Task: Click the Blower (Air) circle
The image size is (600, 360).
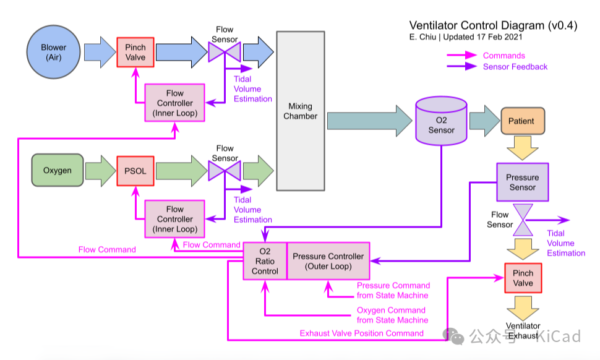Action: pyautogui.click(x=54, y=53)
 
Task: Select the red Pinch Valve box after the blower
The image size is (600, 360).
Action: pyautogui.click(x=135, y=53)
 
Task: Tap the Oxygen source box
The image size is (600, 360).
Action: pyautogui.click(x=57, y=170)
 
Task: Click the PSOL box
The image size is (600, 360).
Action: pyautogui.click(x=135, y=170)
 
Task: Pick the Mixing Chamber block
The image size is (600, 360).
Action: pyautogui.click(x=301, y=111)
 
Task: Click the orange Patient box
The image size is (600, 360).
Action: pyautogui.click(x=521, y=121)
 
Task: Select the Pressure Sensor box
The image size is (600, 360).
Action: pyautogui.click(x=522, y=182)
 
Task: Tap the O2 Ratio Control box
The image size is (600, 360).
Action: pyautogui.click(x=265, y=261)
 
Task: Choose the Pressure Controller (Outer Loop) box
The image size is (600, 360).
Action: pyautogui.click(x=328, y=261)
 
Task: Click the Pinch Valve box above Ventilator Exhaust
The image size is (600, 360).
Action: pyautogui.click(x=523, y=278)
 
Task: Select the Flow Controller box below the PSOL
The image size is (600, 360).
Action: pyautogui.click(x=174, y=219)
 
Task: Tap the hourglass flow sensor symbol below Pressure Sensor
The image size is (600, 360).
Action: pyautogui.click(x=523, y=220)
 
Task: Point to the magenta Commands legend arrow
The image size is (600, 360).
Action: pyautogui.click(x=462, y=56)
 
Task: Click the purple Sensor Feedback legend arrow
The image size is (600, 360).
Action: pyautogui.click(x=462, y=67)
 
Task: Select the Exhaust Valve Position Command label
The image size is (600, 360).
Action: pyautogui.click(x=362, y=333)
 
